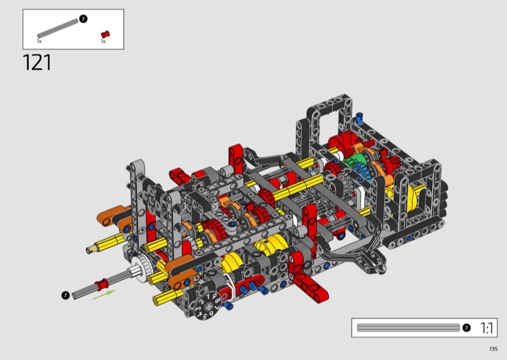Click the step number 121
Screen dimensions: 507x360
[37, 62]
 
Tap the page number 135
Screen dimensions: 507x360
[493, 349]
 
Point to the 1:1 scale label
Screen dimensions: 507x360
[486, 328]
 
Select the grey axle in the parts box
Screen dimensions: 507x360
[58, 29]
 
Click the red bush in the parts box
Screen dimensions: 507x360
[105, 34]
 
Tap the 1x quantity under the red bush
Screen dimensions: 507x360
[103, 41]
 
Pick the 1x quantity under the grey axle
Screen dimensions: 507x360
[39, 41]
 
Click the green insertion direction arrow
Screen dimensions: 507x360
[104, 295]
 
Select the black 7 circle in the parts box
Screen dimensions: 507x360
[83, 19]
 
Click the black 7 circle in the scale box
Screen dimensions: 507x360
[466, 328]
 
